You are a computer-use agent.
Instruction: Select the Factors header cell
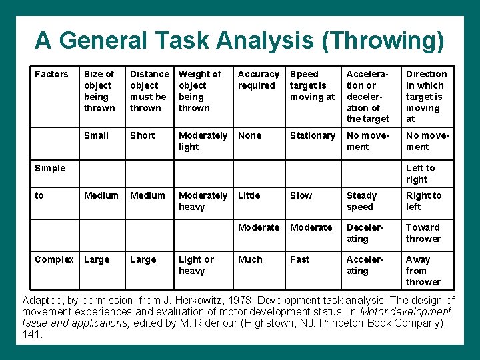click(x=51, y=74)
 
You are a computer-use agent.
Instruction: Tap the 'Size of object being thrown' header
click(x=99, y=91)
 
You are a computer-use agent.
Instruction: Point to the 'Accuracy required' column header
click(x=259, y=79)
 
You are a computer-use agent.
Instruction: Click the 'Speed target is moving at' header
click(x=312, y=85)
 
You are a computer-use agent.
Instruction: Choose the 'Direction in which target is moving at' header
click(x=426, y=96)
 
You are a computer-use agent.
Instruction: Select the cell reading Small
click(x=96, y=135)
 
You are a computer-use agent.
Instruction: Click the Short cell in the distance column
click(x=142, y=135)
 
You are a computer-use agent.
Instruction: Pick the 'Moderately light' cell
click(x=203, y=141)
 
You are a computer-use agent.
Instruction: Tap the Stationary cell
click(x=312, y=135)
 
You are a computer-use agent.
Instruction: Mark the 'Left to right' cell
click(x=420, y=173)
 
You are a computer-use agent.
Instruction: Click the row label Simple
click(x=50, y=168)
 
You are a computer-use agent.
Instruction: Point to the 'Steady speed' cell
click(x=361, y=201)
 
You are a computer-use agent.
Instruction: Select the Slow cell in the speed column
click(x=301, y=195)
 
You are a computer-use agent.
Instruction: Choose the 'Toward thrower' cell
click(x=423, y=233)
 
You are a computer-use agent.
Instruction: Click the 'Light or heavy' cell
click(x=196, y=265)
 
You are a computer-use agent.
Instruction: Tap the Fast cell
click(x=299, y=259)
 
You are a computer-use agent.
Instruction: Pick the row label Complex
click(x=54, y=259)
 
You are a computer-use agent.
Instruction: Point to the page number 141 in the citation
click(x=33, y=335)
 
